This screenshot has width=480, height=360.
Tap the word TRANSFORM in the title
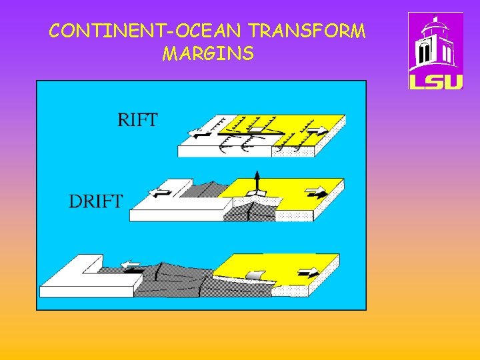pos(308,31)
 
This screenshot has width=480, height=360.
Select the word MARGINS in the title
pos(207,53)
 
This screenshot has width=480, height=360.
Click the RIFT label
pos(137,120)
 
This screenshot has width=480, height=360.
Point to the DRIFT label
pos(96,201)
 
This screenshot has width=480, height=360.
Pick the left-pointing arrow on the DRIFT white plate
pos(161,193)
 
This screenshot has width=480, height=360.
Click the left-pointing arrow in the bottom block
pos(131,266)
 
